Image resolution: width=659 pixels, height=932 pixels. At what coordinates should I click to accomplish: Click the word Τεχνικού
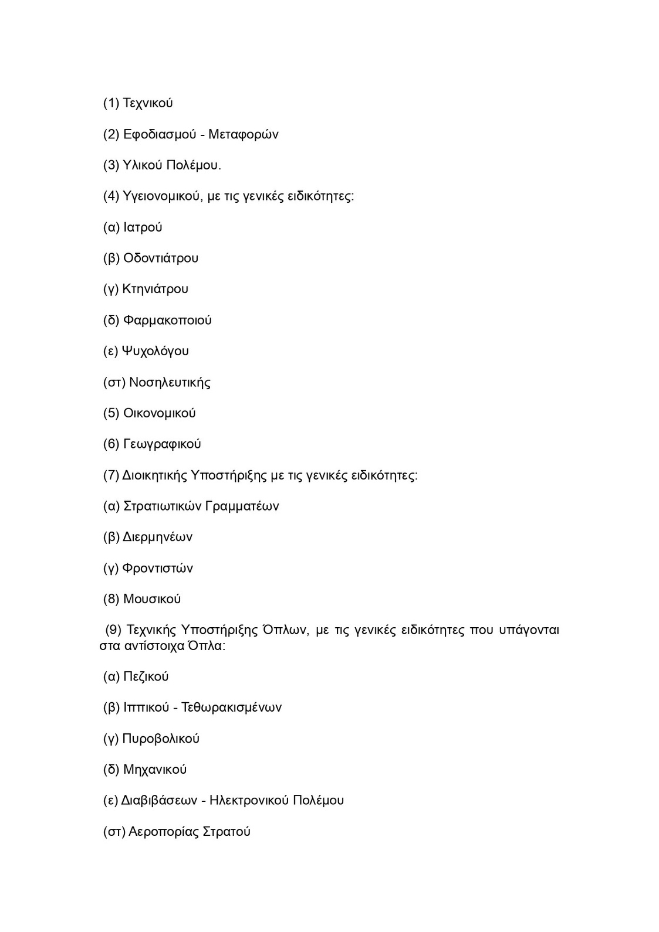[x=148, y=104]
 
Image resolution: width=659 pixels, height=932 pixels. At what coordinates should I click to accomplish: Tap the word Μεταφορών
[x=244, y=135]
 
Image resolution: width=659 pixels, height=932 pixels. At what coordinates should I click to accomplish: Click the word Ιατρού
[x=143, y=227]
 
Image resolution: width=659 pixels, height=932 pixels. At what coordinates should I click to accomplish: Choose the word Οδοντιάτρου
[x=161, y=258]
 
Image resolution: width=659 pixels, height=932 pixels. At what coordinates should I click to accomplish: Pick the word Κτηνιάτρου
[x=156, y=289]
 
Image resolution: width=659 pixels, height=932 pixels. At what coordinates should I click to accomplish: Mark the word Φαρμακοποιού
[x=167, y=321]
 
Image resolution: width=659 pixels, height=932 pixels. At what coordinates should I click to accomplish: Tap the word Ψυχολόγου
[x=156, y=352]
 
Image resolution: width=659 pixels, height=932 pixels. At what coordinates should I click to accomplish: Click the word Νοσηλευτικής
[x=170, y=383]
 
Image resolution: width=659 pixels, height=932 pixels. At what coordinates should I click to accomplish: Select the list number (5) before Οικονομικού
[x=111, y=413]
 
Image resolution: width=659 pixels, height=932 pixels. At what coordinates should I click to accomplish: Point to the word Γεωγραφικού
[x=162, y=444]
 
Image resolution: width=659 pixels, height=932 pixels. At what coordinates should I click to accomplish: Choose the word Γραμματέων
[x=242, y=506]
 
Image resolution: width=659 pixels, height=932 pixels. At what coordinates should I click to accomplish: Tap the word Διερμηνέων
[x=157, y=538]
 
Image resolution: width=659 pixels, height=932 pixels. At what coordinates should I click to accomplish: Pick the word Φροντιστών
[x=158, y=569]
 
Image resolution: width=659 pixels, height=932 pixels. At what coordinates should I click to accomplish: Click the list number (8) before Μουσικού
[x=111, y=599]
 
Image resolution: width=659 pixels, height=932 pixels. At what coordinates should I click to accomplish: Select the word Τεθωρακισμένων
[x=232, y=707]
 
